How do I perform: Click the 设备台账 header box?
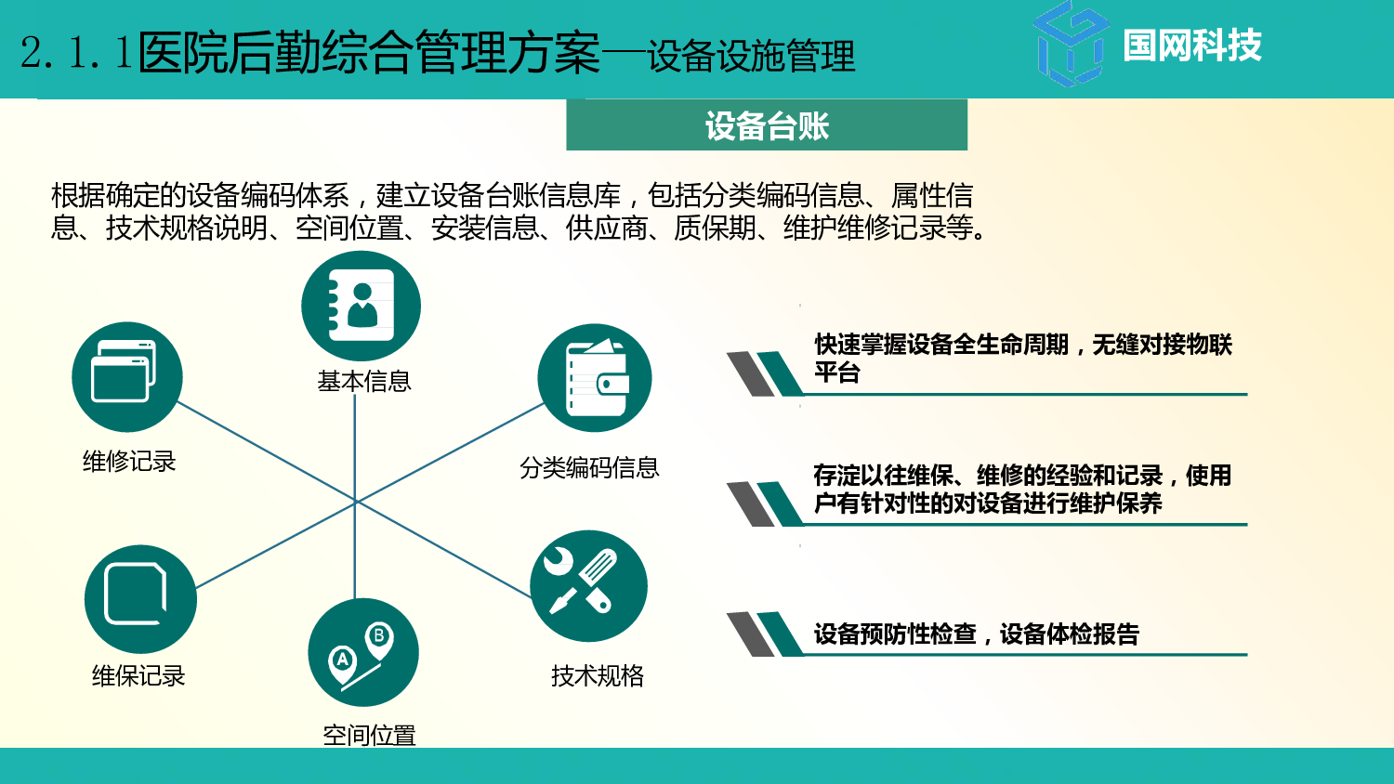click(x=767, y=125)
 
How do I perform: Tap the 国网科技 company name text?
click(x=1191, y=46)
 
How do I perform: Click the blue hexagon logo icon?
click(x=1072, y=45)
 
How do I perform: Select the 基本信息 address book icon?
click(x=361, y=306)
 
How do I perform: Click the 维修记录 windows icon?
click(x=126, y=376)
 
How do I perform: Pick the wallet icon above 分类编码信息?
click(x=595, y=378)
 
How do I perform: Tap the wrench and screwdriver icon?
click(x=588, y=586)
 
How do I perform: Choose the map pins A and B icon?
click(x=363, y=653)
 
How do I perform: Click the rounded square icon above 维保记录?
click(x=140, y=598)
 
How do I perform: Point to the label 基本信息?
click(x=364, y=382)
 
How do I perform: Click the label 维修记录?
click(x=129, y=462)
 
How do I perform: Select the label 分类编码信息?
click(x=589, y=468)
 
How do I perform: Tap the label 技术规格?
click(x=598, y=676)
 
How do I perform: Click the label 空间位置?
click(x=369, y=736)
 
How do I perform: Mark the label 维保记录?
click(x=138, y=676)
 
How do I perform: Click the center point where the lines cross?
click(x=355, y=502)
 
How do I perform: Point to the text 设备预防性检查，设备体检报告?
click(x=976, y=634)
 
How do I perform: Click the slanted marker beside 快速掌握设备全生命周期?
click(x=764, y=373)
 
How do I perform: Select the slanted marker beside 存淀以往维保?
click(x=764, y=503)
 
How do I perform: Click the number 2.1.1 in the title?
click(x=76, y=53)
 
